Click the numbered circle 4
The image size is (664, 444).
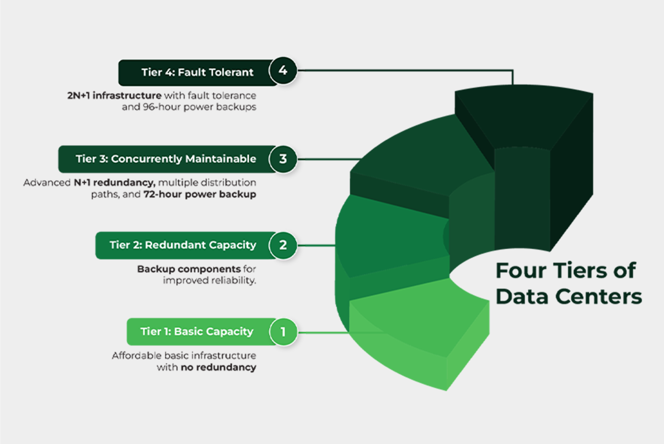(x=283, y=70)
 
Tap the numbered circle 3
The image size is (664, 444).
(x=283, y=159)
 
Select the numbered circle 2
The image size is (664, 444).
(x=283, y=245)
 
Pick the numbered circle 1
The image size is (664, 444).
(x=283, y=332)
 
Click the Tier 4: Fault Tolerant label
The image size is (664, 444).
(x=197, y=72)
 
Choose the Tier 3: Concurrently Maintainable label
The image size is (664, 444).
(x=166, y=159)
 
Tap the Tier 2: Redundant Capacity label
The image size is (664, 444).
(x=183, y=245)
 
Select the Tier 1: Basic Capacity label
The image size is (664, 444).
(x=197, y=332)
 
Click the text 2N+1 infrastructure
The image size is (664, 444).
(x=114, y=96)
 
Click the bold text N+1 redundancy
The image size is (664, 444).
(x=114, y=183)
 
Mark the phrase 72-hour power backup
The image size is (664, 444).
(x=200, y=194)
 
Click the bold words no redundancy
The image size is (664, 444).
(x=218, y=367)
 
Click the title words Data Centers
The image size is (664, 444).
(x=569, y=297)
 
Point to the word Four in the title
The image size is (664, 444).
(x=521, y=271)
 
